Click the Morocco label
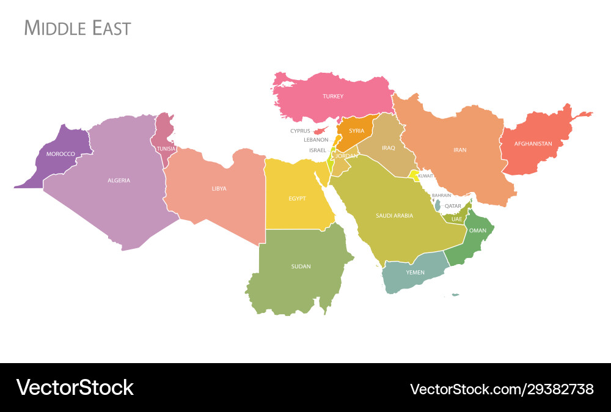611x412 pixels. [x=60, y=153]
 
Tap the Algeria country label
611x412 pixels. [x=119, y=180]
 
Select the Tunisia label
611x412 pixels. [x=166, y=149]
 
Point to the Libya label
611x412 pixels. [x=219, y=189]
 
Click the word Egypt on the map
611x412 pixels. [x=298, y=198]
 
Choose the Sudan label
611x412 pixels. [x=301, y=267]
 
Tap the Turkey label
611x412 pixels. [x=333, y=97]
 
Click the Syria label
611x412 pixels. [x=357, y=131]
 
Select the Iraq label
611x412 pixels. [x=389, y=148]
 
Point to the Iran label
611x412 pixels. [x=459, y=150]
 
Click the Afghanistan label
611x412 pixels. [x=533, y=144]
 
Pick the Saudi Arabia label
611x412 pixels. [x=394, y=215]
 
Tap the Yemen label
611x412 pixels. [x=415, y=272]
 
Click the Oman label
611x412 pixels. [x=477, y=230]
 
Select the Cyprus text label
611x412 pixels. [x=300, y=131]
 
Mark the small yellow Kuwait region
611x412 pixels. [x=414, y=175]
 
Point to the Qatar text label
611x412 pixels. [x=453, y=206]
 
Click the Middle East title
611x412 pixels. [x=77, y=28]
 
